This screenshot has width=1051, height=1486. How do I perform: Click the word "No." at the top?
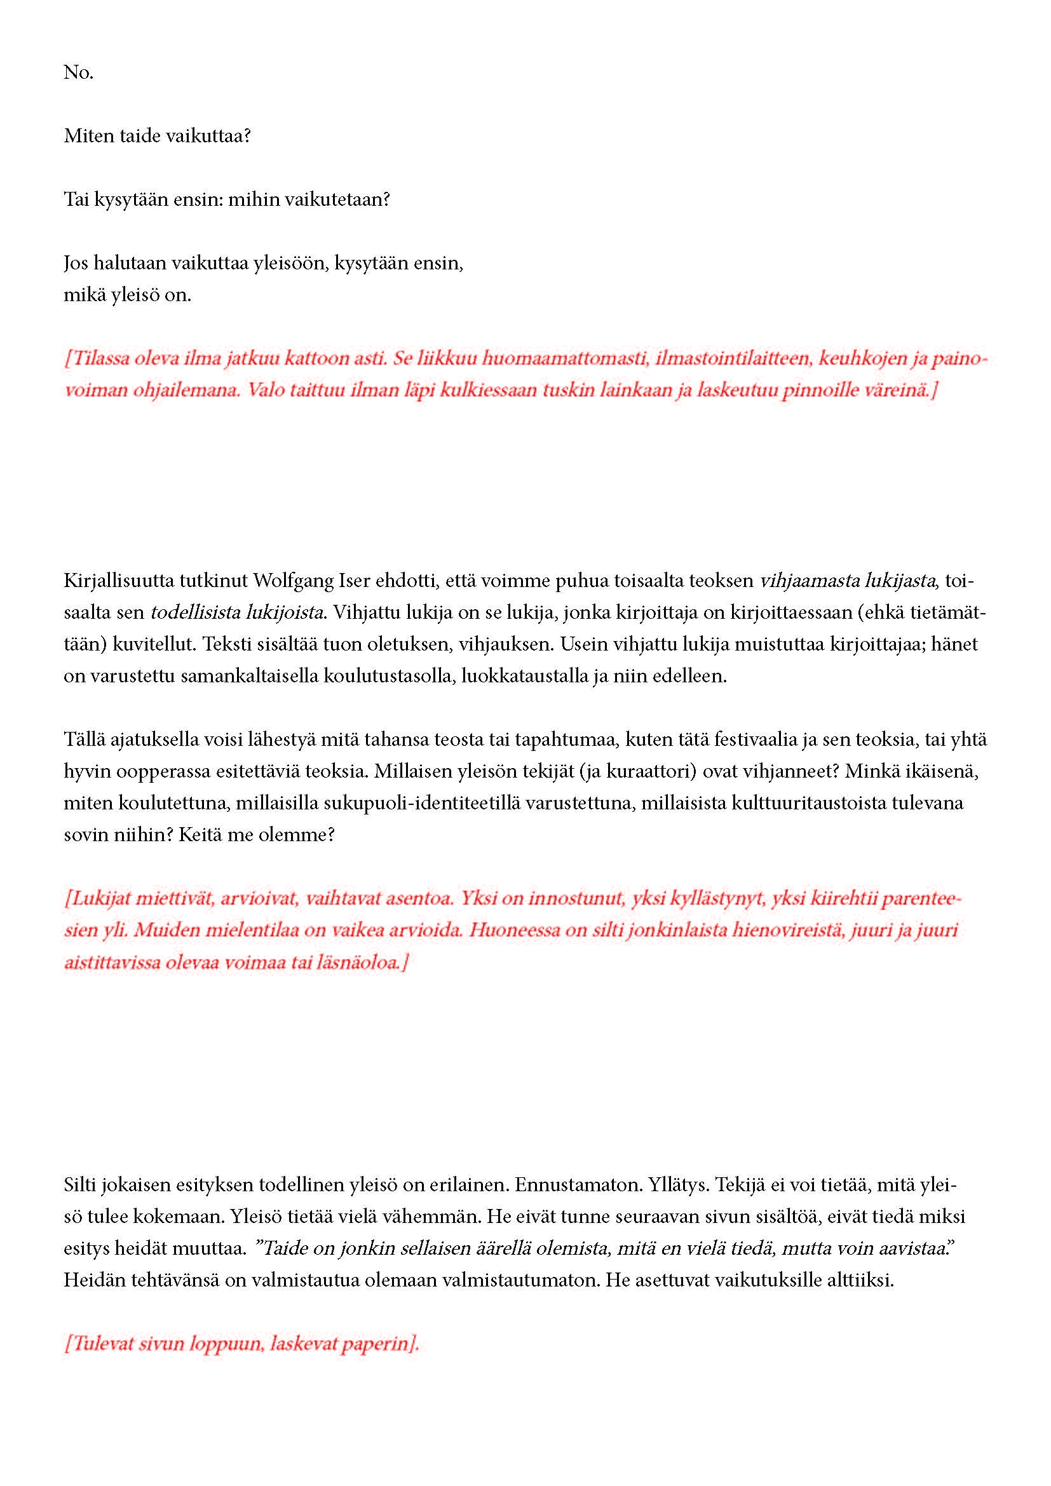pos(78,72)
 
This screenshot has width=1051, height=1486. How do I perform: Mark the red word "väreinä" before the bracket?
pos(897,390)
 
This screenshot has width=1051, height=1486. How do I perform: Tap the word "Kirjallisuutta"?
pos(115,581)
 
